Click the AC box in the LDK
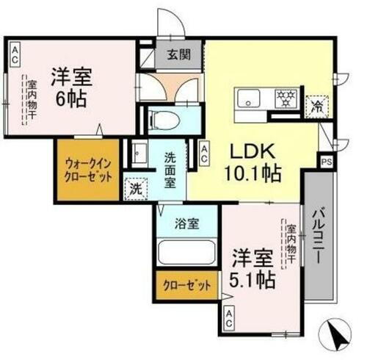(206, 153)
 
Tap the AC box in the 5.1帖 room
(229, 317)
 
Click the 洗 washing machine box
(135, 189)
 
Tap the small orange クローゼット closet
(188, 285)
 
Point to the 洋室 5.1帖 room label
(254, 269)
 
